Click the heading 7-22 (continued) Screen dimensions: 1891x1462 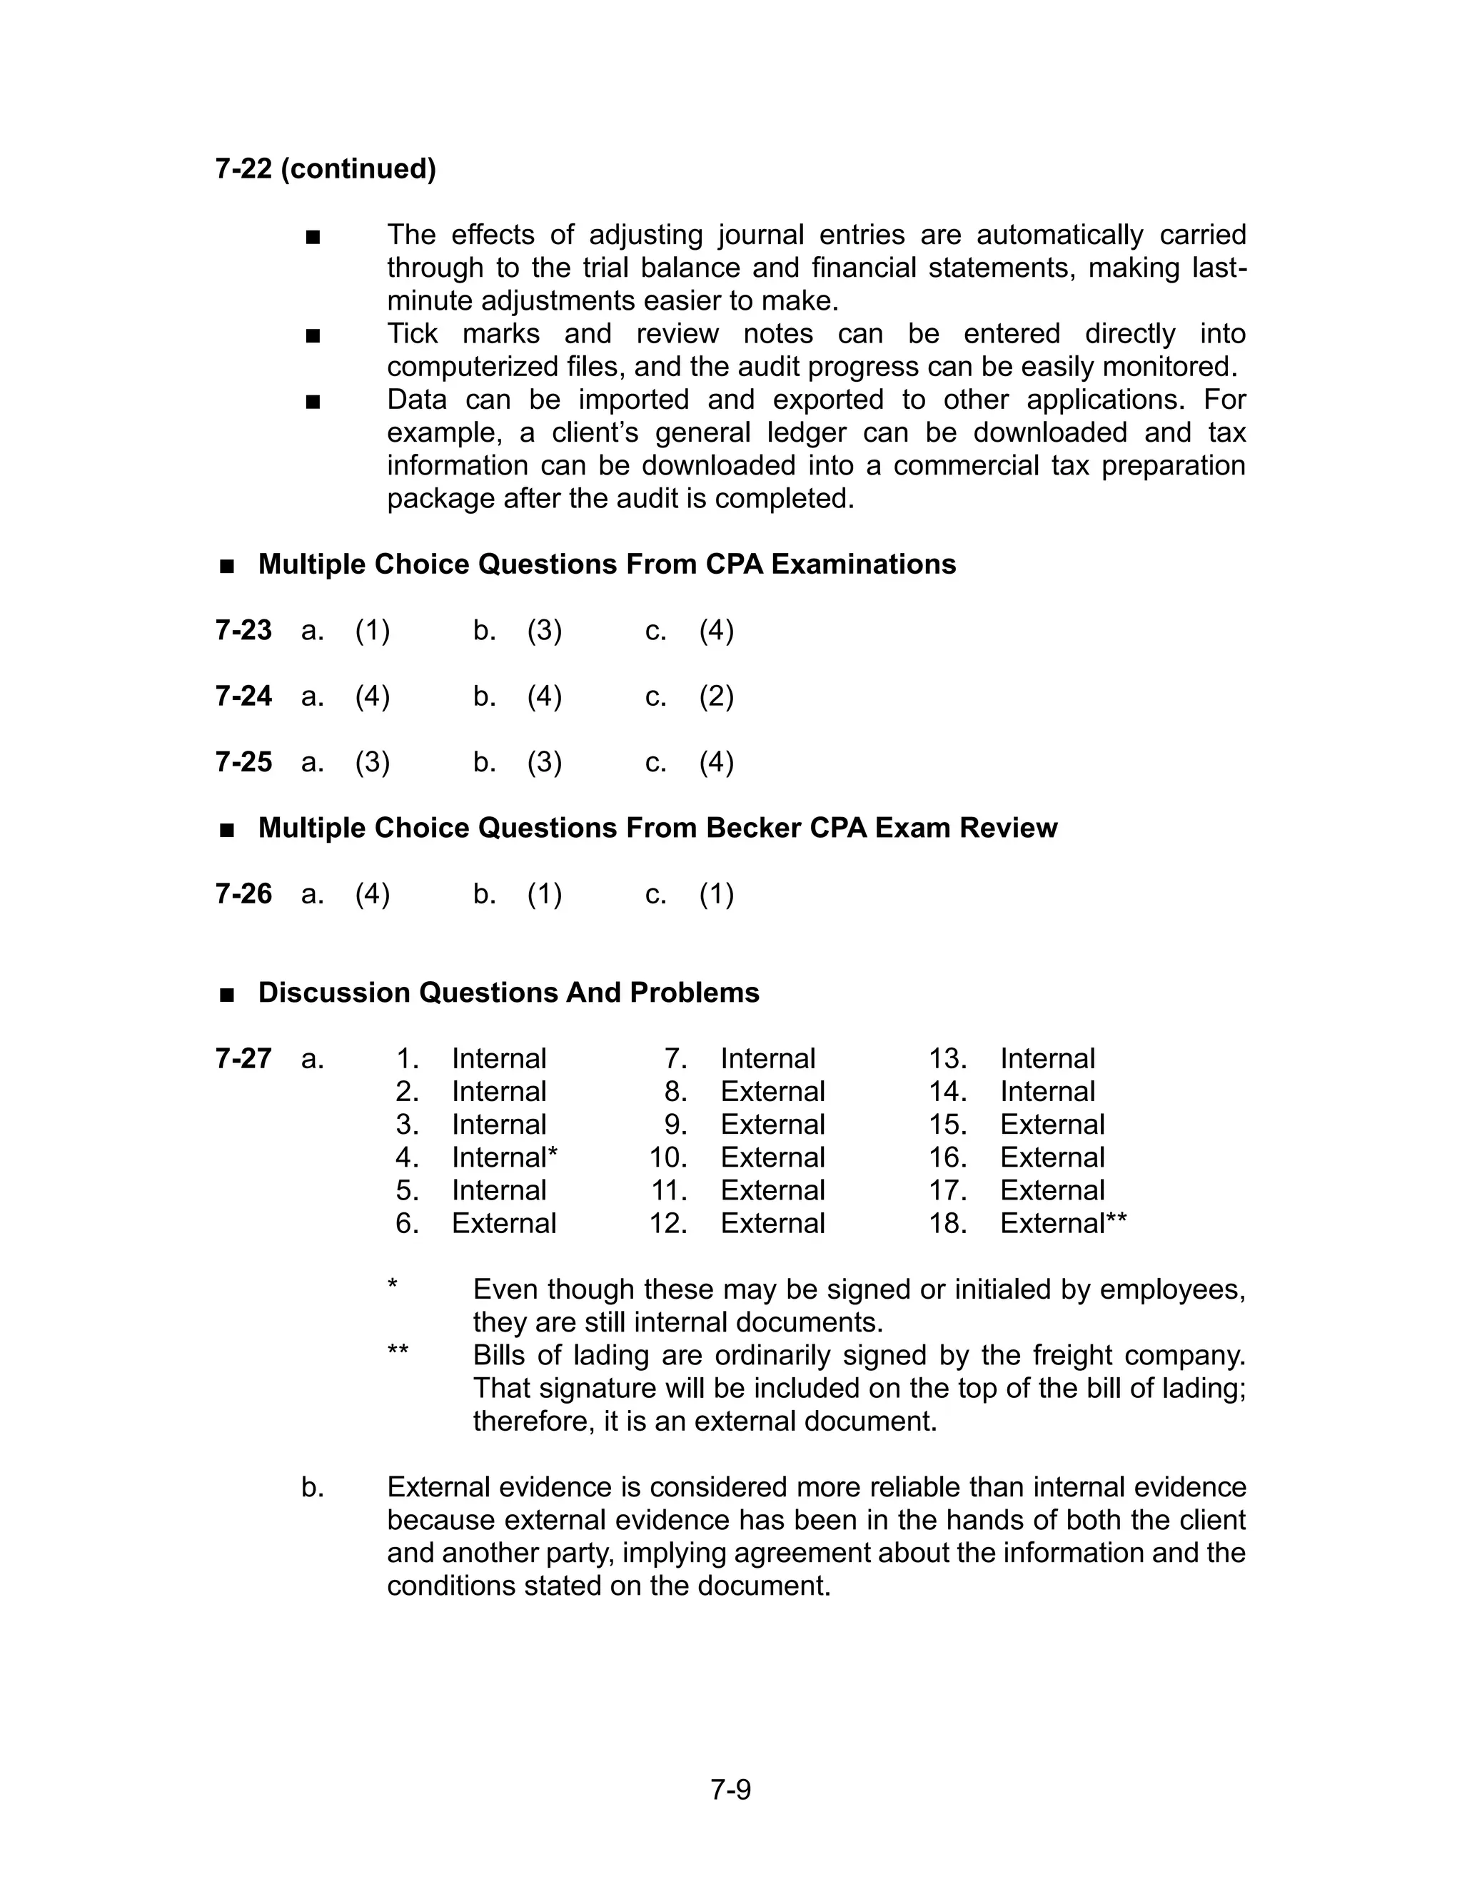pos(326,169)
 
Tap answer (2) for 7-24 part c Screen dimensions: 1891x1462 pos(716,696)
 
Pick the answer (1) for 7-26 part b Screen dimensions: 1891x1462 pos(544,893)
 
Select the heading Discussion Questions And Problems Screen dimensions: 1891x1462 pos(508,993)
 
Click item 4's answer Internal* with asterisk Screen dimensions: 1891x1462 pos(505,1157)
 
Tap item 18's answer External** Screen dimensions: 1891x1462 pos(1064,1223)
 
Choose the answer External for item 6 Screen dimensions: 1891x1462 pos(504,1223)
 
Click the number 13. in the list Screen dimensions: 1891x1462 pos(947,1059)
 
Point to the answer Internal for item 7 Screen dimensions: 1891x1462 pos(767,1059)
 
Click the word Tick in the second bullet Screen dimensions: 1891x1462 pos(413,334)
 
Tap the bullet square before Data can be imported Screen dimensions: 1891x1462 pos(313,402)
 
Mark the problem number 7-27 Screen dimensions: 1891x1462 pos(243,1059)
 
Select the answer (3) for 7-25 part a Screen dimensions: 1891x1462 pos(373,762)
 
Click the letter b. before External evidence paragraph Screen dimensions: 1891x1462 pos(313,1488)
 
